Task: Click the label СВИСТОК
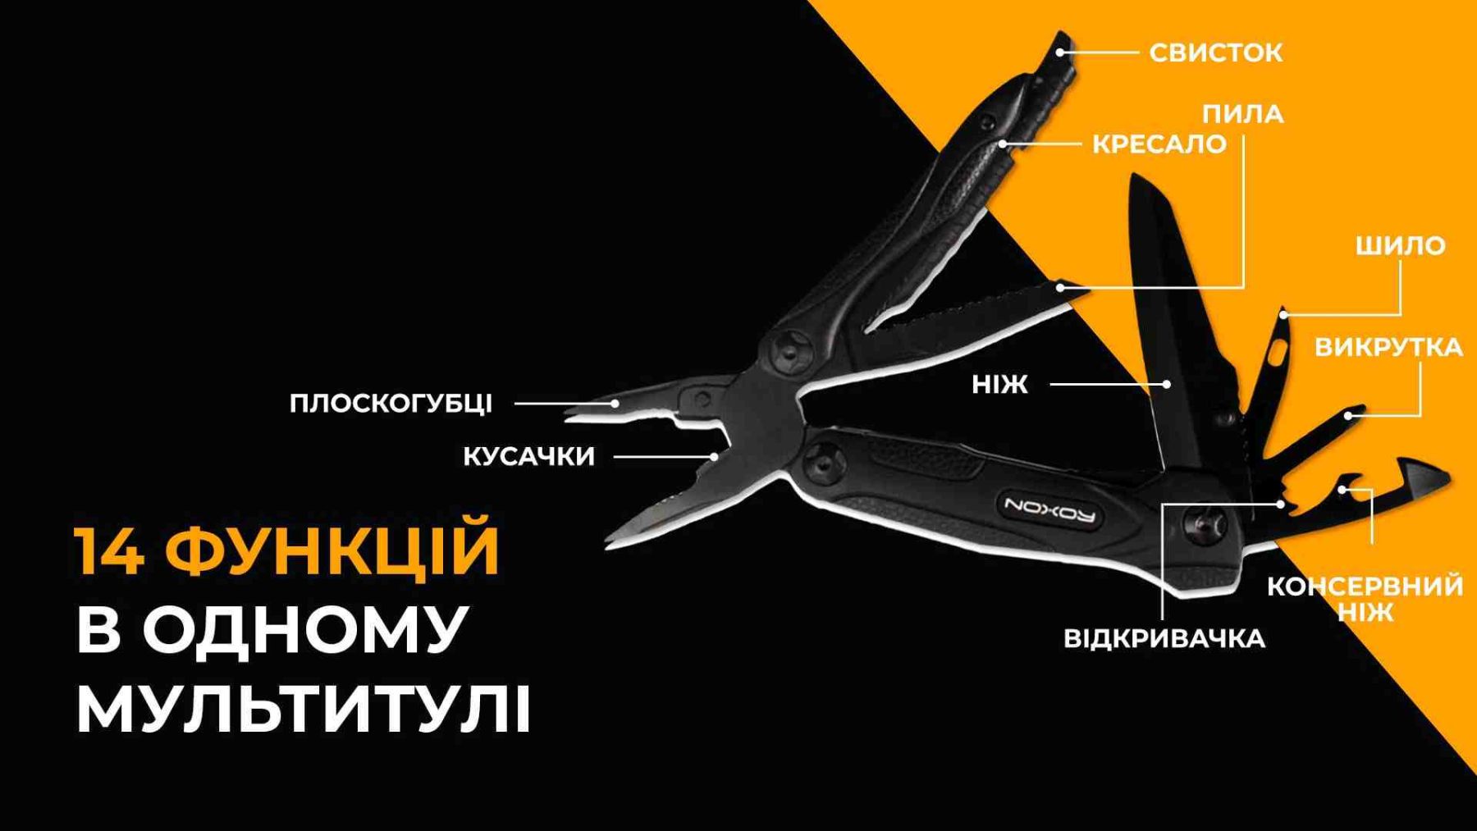tap(1215, 53)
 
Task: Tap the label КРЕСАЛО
tap(1159, 144)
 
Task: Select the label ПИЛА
tap(1242, 113)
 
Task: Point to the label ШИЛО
tap(1400, 245)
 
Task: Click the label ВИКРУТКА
tap(1388, 347)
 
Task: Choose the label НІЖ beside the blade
tap(999, 384)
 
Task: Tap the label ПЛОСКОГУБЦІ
tap(391, 404)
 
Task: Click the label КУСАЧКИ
tap(528, 456)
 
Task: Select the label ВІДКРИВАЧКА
tap(1164, 638)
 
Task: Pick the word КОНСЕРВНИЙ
tap(1365, 586)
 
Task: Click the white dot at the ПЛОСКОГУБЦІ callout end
tap(615, 404)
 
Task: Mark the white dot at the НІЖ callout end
tap(1167, 384)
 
